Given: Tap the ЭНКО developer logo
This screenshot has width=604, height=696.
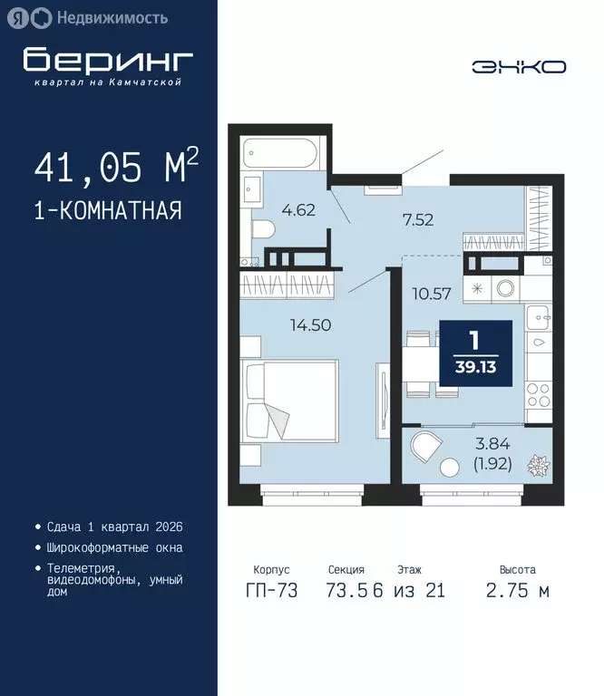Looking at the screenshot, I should pos(519,66).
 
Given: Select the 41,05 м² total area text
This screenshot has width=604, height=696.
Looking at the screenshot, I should pos(115,168).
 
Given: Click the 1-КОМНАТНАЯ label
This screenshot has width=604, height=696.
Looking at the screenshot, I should pos(108,210).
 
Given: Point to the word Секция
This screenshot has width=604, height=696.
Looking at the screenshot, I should pos(346,570).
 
